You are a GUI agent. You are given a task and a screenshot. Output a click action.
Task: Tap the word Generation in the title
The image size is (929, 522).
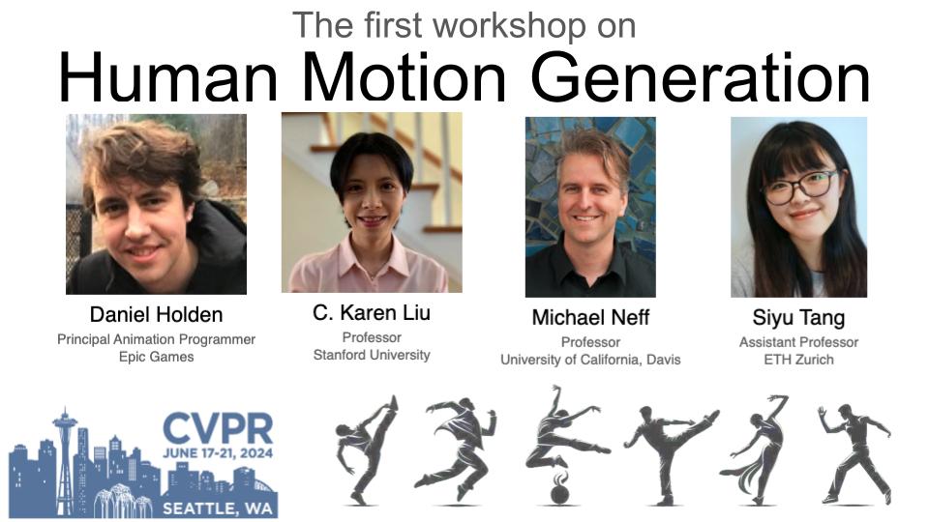click(700, 76)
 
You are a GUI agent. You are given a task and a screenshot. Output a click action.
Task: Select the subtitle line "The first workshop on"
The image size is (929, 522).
click(464, 24)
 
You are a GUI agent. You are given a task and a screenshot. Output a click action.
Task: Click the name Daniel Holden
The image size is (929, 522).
click(156, 315)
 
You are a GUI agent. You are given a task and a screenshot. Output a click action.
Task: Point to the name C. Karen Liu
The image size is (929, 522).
click(372, 313)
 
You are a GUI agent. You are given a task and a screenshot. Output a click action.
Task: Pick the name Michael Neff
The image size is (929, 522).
click(589, 318)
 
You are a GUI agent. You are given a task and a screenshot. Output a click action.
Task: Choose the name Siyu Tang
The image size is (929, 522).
click(798, 318)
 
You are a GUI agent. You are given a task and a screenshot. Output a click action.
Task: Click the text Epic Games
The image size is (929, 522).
click(156, 357)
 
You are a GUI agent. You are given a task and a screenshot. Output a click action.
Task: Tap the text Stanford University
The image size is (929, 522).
click(372, 355)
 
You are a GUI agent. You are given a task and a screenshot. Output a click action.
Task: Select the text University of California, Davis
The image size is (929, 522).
click(590, 360)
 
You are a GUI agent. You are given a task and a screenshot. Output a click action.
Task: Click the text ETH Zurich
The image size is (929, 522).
click(798, 360)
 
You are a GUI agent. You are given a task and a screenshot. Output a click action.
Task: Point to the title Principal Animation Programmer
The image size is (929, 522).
click(156, 339)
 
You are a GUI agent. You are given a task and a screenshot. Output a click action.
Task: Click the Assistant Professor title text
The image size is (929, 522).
click(798, 342)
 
